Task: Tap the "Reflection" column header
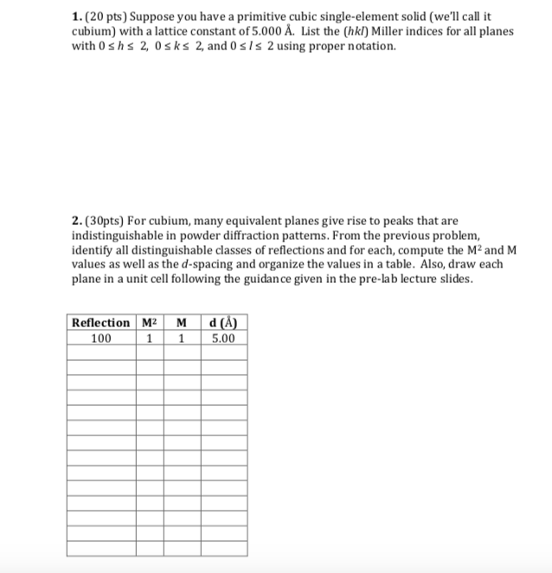[x=100, y=323]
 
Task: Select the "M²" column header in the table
[x=149, y=323]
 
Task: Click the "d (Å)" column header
[x=222, y=323]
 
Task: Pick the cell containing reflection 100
[x=100, y=338]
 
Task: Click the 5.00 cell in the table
[x=222, y=338]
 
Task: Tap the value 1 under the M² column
[x=149, y=338]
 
